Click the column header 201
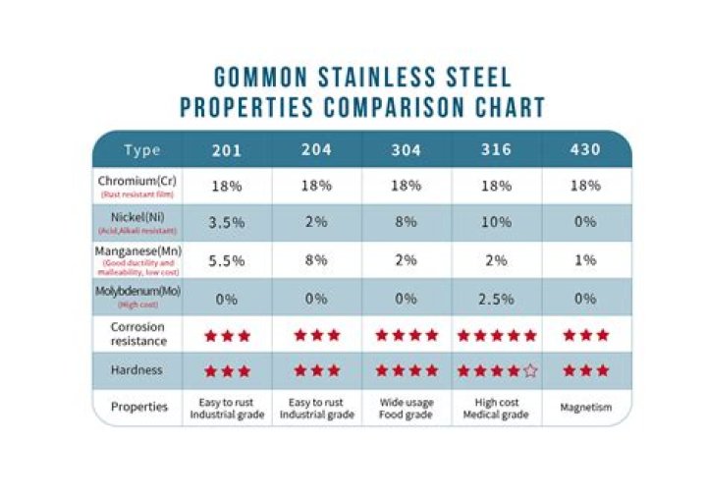coord(226,150)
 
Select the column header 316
coord(496,150)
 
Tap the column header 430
coord(585,150)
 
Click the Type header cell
coord(141,150)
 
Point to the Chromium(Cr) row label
coord(137,182)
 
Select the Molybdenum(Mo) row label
coord(137,293)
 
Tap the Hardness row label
coord(137,370)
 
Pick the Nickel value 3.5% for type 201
coord(226,222)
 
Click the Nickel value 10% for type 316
coord(496,222)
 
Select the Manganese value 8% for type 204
coord(316,260)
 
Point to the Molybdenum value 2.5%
coord(496,298)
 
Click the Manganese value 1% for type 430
coord(585,260)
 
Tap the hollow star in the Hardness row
coord(531,371)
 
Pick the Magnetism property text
coord(585,408)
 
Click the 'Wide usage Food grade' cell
coord(407,408)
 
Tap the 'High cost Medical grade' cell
coord(496,408)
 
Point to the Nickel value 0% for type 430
coord(585,222)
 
